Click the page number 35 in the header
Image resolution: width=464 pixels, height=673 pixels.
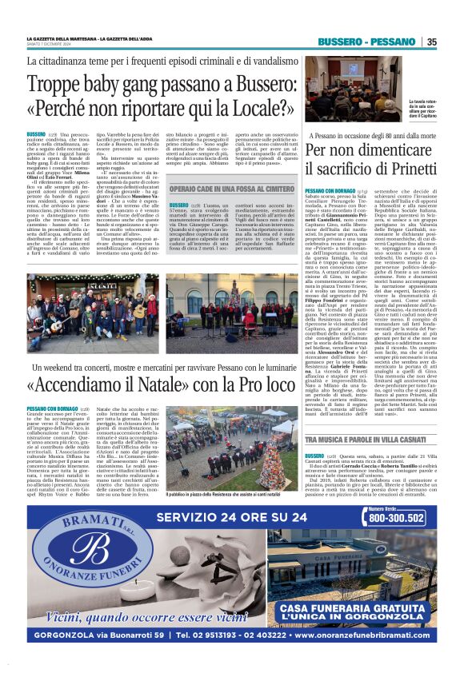pos(431,42)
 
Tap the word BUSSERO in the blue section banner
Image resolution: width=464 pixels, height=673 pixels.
pos(342,42)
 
